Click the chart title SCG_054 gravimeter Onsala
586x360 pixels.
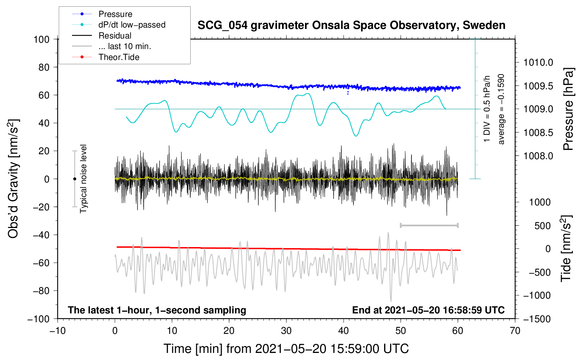(351, 25)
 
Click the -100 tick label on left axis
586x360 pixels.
(38, 319)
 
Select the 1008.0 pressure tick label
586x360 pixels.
(538, 156)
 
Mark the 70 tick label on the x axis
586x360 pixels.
(515, 331)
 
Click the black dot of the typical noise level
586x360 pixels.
(74, 179)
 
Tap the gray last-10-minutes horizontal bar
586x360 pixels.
(429, 226)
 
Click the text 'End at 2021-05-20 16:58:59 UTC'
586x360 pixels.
(428, 310)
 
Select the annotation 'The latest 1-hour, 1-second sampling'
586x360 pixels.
(157, 310)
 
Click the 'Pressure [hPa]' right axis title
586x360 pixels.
(568, 109)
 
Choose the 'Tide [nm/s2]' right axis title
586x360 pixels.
(566, 249)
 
